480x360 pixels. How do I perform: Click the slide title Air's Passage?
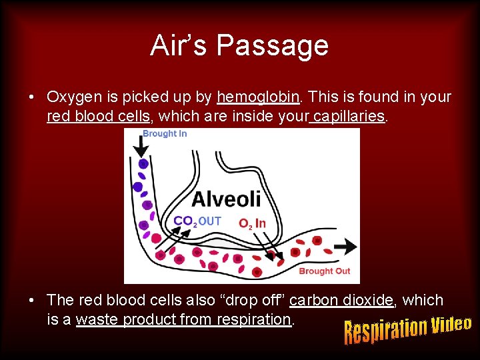239,45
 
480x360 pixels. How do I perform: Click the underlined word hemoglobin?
258,97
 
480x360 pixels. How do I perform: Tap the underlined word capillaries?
348,117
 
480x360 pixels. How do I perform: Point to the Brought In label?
165,133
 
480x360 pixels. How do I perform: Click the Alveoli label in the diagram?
227,199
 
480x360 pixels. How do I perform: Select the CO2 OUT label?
197,221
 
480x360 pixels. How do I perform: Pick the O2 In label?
252,223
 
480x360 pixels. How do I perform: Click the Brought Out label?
324,271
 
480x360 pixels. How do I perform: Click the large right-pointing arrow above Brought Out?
345,246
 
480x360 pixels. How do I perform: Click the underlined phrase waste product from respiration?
183,320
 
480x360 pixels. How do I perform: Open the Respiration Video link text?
407,329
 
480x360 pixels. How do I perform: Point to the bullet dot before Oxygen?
32,98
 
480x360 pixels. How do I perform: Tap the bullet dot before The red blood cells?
32,301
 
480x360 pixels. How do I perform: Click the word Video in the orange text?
451,325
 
